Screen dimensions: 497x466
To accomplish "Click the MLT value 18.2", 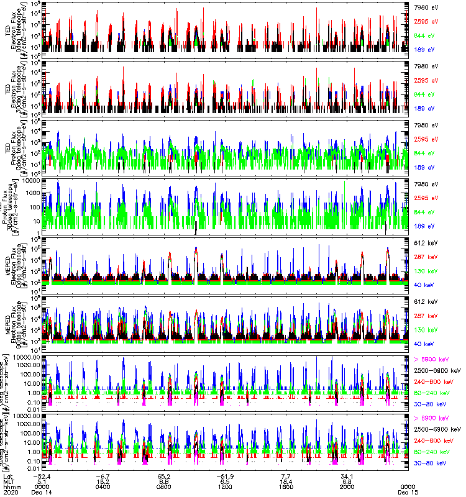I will coord(104,481).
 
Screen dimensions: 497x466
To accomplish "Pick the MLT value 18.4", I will coord(286,481).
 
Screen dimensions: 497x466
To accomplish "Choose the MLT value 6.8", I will coord(347,481).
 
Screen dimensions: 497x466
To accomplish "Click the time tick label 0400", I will coord(104,486).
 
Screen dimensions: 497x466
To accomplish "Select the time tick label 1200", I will coord(226,486).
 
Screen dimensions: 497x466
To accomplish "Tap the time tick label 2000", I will coord(347,486).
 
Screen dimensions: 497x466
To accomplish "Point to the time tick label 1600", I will coord(286,486).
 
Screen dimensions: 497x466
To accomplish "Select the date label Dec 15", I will coord(408,493).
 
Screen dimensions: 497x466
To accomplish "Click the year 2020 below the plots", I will coord(10,493).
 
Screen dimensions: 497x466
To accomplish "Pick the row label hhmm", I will coord(11,486).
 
